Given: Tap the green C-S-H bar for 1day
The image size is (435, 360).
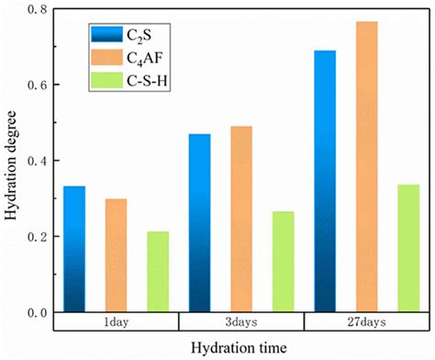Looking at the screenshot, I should point(158,272).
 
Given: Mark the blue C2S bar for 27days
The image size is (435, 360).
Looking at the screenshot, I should point(325,181).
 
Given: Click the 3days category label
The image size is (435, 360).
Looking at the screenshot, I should point(241,322).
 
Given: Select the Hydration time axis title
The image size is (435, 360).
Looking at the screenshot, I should point(241,347).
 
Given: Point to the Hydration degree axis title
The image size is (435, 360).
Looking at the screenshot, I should point(11,162).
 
